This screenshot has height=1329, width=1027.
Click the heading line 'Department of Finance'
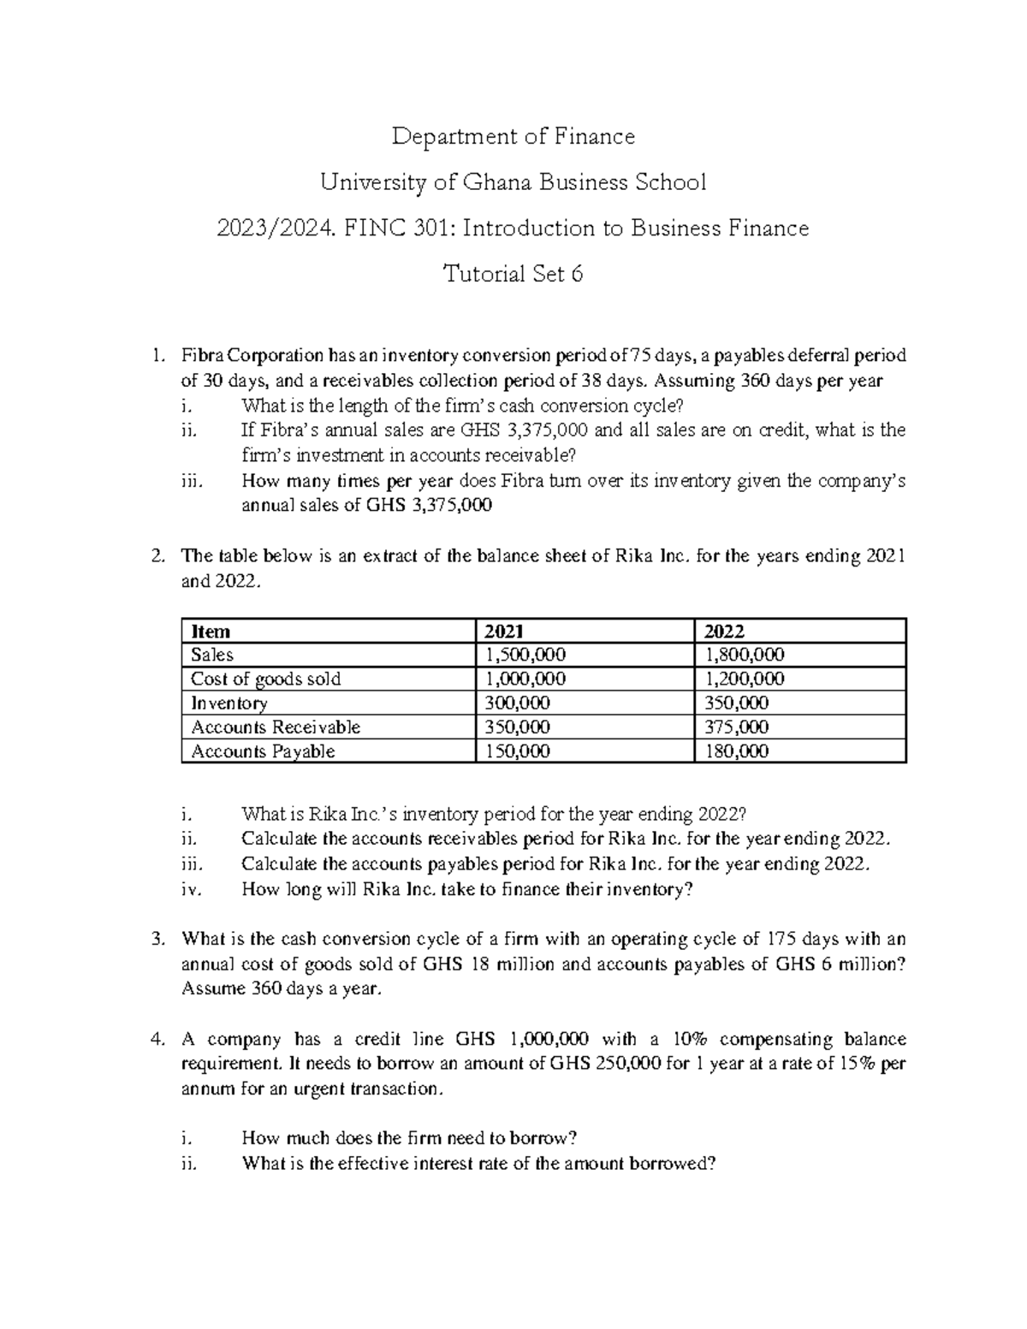pos(513,136)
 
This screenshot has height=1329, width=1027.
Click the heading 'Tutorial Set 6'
pos(513,274)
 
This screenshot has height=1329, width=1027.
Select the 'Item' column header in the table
pos(211,632)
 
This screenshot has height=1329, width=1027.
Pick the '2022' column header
pos(723,632)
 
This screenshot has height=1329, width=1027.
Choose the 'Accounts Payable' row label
pos(263,751)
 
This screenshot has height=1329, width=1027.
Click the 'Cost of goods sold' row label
pos(265,679)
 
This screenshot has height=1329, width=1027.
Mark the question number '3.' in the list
pos(157,939)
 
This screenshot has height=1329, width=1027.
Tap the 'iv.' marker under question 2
pos(191,889)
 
